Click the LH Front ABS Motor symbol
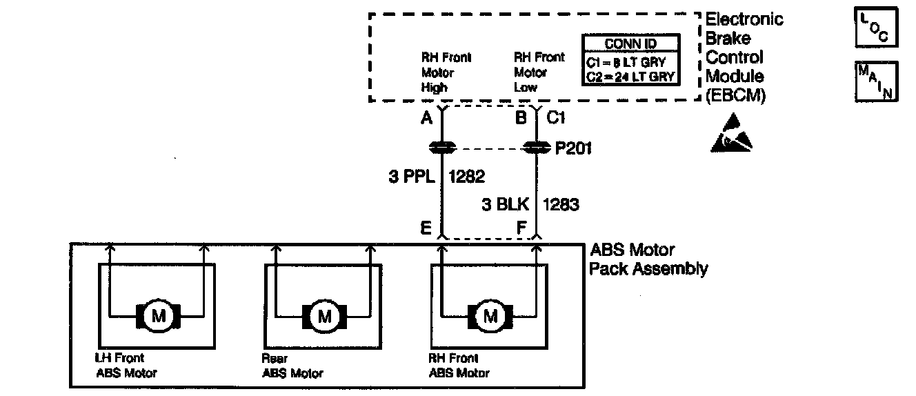159,317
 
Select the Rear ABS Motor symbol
324,317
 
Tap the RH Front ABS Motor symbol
490,317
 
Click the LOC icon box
876,28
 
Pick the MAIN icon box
876,81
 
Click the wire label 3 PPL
411,177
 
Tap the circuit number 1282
466,177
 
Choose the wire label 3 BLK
506,204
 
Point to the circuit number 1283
560,204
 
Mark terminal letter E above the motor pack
428,227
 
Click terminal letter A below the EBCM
427,118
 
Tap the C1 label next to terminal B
556,118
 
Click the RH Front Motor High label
446,72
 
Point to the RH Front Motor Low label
539,72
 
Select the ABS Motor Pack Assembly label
648,259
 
